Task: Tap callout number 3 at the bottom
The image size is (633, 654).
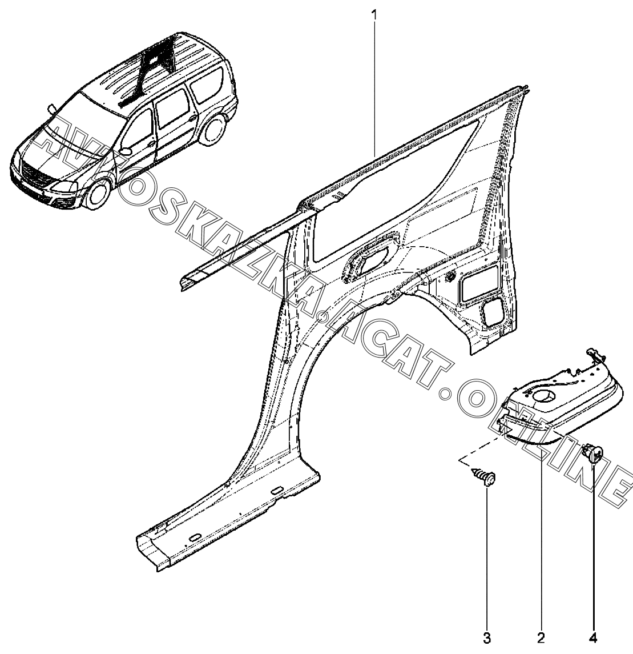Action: coord(487,636)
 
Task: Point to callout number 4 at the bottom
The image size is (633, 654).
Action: coord(594,636)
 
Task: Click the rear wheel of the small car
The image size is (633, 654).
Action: coord(215,130)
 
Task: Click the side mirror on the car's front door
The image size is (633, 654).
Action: coord(125,151)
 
